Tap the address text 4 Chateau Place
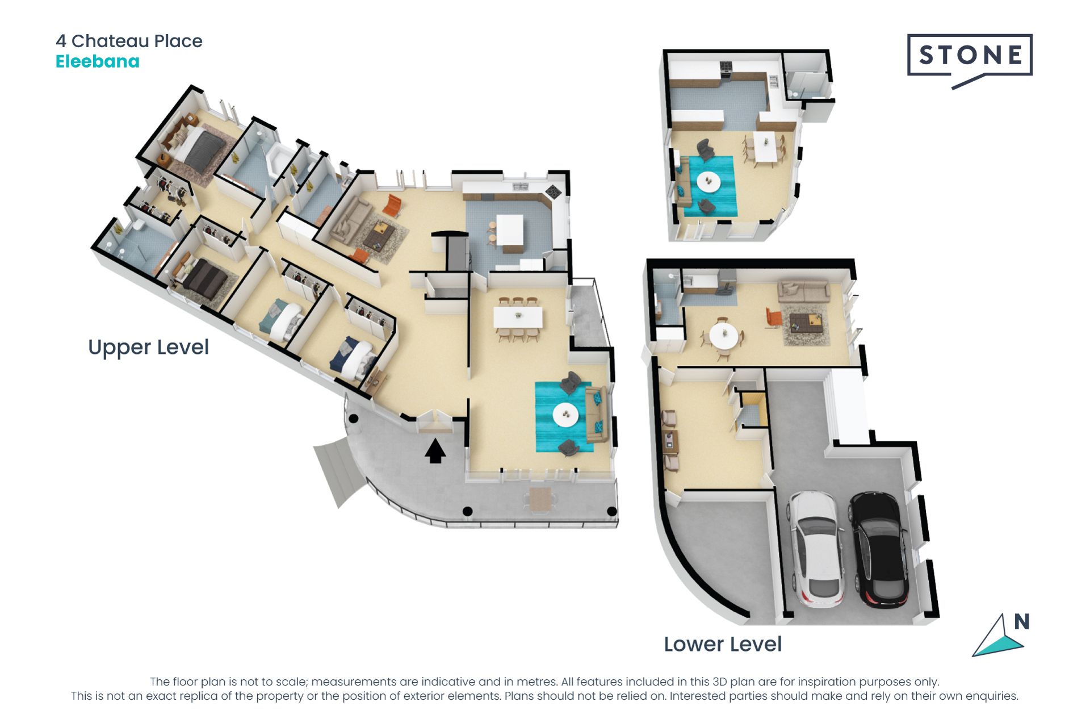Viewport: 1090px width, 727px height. (129, 41)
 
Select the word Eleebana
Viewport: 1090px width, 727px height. (98, 61)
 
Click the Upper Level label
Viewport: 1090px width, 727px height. (149, 347)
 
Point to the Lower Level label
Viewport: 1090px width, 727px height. (723, 644)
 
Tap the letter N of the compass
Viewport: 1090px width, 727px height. (1022, 622)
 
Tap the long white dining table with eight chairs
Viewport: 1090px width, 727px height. (518, 317)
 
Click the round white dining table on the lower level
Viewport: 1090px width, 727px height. (724, 336)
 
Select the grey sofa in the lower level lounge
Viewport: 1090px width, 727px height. (803, 291)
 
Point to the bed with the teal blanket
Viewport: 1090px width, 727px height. (280, 320)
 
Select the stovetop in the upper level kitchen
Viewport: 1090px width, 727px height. (553, 191)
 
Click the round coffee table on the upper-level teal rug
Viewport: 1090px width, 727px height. (565, 414)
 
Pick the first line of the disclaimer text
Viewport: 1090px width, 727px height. (544, 682)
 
